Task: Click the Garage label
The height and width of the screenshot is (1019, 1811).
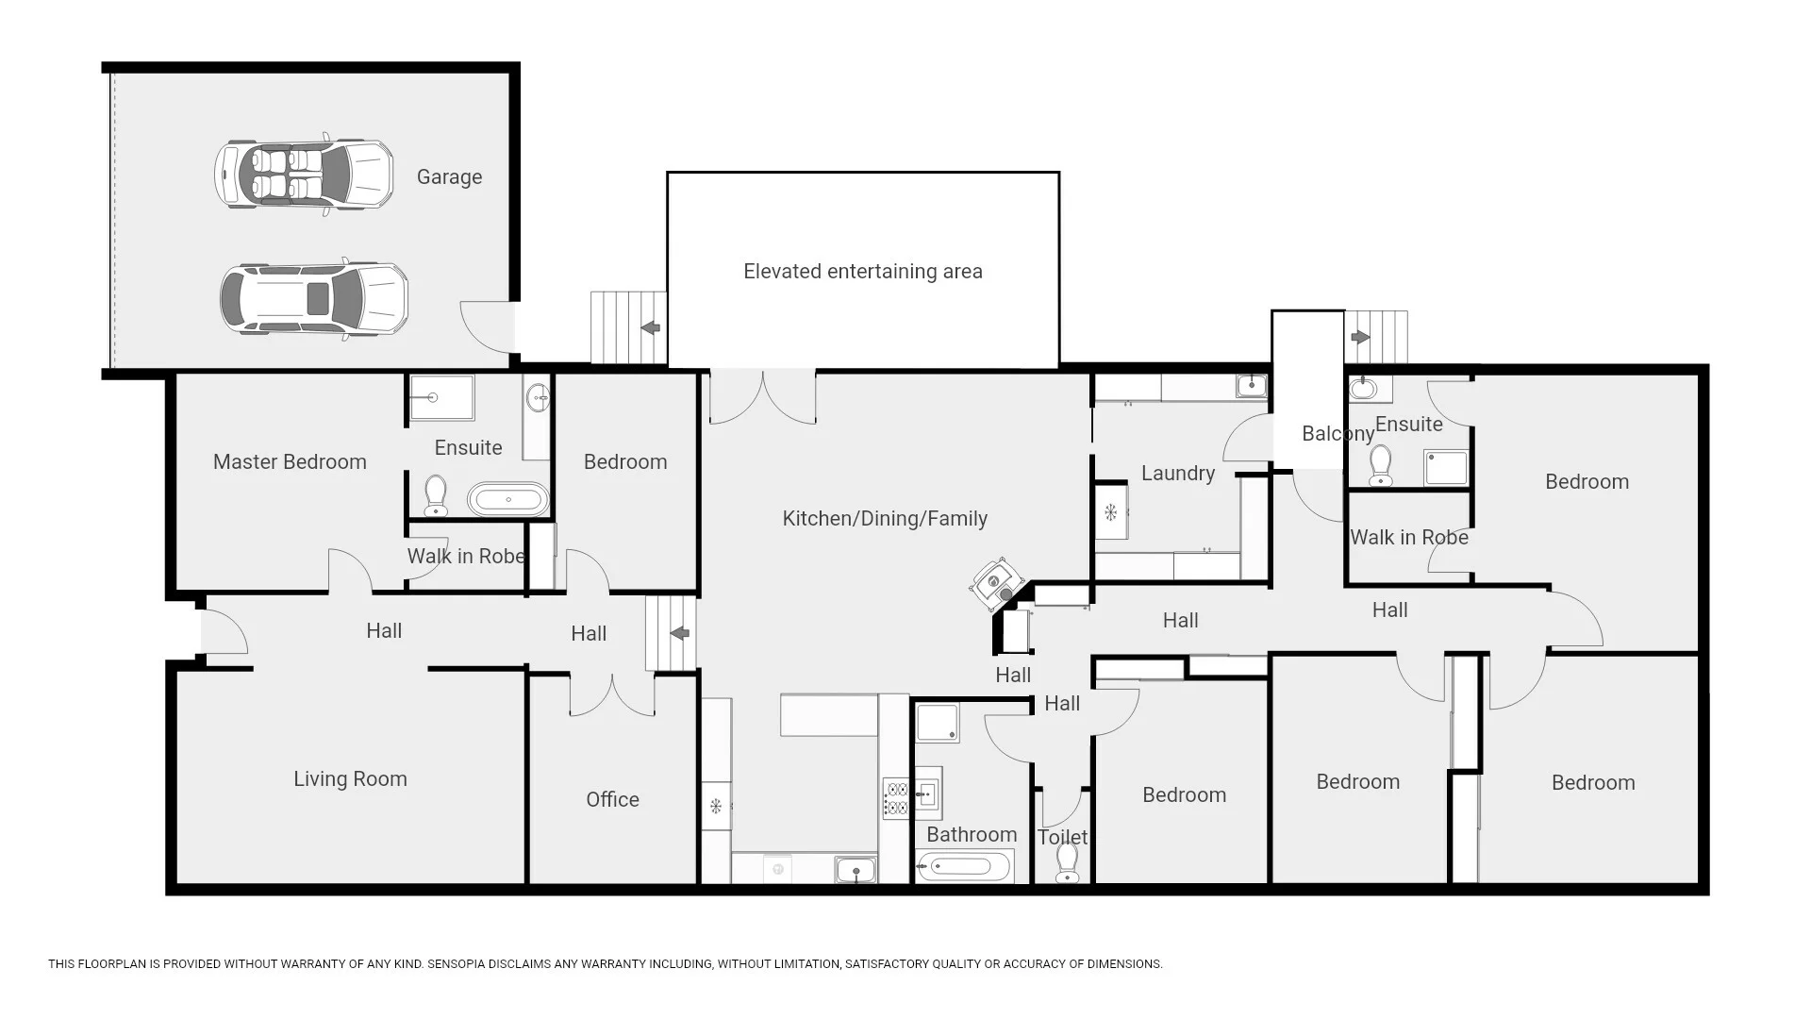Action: pos(449,177)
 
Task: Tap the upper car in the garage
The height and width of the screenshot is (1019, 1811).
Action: pos(304,174)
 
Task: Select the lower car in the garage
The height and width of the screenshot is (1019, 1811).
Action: pos(314,298)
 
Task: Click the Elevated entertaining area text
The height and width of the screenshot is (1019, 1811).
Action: pos(863,272)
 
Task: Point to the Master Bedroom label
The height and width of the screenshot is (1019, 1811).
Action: pos(290,461)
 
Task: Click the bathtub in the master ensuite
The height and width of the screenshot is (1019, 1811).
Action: pos(508,499)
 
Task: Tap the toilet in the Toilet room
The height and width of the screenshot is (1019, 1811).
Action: pos(1068,863)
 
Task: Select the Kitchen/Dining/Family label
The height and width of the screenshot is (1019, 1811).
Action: pos(885,518)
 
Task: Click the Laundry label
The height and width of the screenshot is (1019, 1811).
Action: pos(1178,474)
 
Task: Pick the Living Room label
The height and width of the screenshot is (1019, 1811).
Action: pos(350,779)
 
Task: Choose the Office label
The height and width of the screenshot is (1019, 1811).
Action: pos(612,799)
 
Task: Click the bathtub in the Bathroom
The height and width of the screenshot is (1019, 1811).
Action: pos(965,865)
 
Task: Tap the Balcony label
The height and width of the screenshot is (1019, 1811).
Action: pos(1337,434)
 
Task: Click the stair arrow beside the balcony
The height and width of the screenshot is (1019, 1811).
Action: pos(1360,337)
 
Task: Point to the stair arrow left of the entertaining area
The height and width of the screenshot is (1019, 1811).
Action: pos(650,327)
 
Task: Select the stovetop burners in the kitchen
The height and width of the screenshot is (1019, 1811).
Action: pos(895,798)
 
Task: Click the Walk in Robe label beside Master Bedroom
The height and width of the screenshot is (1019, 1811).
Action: pos(466,556)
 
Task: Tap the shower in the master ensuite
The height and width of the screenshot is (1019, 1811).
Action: pos(441,398)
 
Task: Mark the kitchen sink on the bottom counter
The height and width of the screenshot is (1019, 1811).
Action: pos(856,870)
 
